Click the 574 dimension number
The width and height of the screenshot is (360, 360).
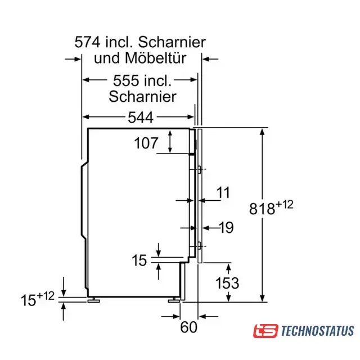click(88, 42)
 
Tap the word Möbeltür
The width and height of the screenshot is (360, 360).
click(155, 58)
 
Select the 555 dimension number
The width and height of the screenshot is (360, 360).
click(126, 80)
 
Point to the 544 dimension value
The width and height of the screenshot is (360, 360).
click(141, 118)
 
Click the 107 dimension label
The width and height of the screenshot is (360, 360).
click(146, 143)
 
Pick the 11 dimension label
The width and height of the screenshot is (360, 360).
click(223, 192)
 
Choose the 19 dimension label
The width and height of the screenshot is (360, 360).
click(226, 227)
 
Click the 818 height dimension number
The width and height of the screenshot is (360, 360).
click(262, 209)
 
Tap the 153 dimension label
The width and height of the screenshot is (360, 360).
click(227, 283)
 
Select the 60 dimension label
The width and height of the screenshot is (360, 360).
click(189, 327)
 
